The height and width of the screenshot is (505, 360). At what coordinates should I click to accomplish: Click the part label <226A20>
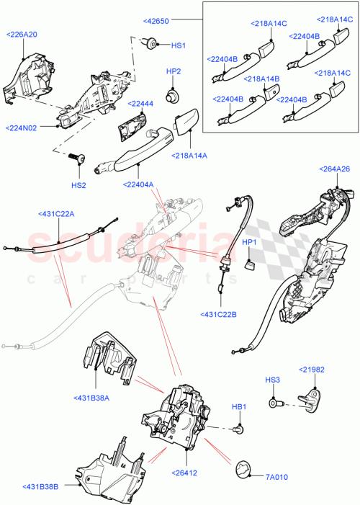pyautogui.click(x=22, y=34)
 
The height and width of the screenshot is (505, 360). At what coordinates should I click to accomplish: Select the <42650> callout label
pyautogui.click(x=156, y=21)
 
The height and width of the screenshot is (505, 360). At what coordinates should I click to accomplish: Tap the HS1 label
pyautogui.click(x=178, y=45)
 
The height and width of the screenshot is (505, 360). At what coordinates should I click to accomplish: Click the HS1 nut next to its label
pyautogui.click(x=152, y=45)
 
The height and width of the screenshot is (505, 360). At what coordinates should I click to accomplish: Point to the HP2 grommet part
pyautogui.click(x=173, y=94)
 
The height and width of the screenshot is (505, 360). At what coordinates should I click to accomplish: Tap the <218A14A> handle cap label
pyautogui.click(x=189, y=156)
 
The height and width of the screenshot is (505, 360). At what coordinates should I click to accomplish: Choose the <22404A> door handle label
pyautogui.click(x=138, y=184)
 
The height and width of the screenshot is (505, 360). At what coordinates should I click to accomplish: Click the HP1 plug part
pyautogui.click(x=250, y=266)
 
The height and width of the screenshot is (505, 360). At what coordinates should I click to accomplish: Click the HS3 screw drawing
pyautogui.click(x=274, y=395)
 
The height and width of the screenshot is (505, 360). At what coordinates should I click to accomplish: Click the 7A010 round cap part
pyautogui.click(x=245, y=469)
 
